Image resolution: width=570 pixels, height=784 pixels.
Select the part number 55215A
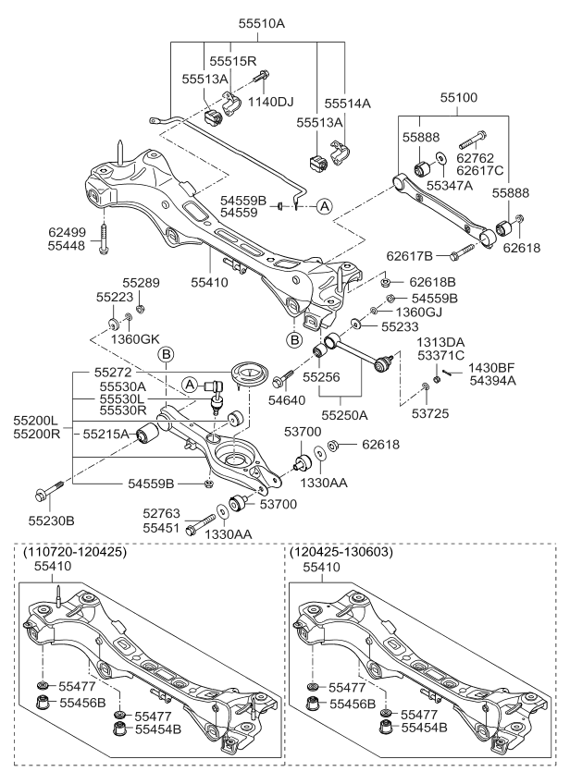[106, 433]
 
